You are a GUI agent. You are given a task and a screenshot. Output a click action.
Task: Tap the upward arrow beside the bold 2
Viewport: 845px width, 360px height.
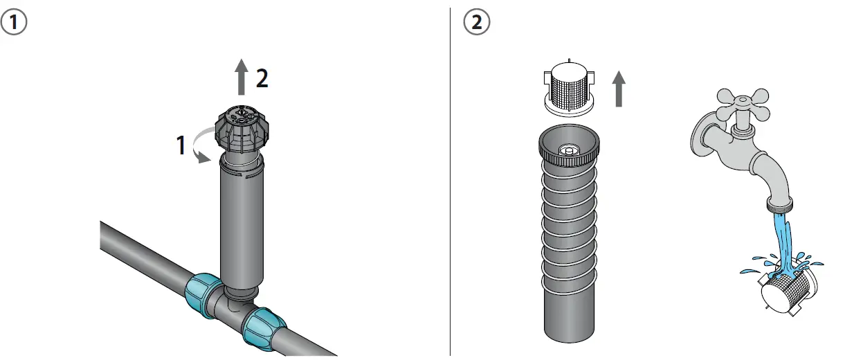[241, 77]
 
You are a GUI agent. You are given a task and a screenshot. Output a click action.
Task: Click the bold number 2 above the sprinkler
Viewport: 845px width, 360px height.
[262, 79]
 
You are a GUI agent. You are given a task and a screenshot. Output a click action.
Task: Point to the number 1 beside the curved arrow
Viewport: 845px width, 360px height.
[180, 145]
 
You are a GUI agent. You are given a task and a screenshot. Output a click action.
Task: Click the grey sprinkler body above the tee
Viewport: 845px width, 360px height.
[241, 222]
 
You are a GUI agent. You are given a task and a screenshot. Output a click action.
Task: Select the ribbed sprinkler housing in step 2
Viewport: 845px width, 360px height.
[567, 242]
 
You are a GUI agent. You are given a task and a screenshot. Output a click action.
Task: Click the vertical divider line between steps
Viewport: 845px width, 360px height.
[451, 180]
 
